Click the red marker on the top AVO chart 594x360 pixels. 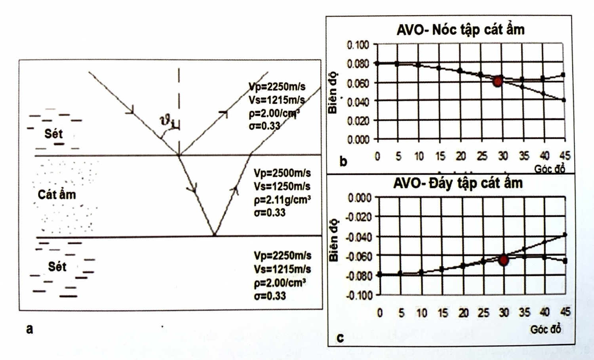[498, 81]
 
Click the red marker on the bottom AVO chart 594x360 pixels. [504, 260]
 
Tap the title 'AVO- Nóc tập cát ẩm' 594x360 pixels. [460, 30]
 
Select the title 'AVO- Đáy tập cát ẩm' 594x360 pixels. [458, 183]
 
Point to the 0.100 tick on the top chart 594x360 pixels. [358, 45]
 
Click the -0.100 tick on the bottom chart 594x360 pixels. [360, 295]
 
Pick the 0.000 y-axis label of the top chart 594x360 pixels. [358, 140]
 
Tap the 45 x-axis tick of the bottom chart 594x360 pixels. [565, 312]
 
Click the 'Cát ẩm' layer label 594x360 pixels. [57, 194]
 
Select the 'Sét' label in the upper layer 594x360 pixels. [53, 134]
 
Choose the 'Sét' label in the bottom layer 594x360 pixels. [57, 267]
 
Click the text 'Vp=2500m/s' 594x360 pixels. [282, 173]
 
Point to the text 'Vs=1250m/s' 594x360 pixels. [282, 186]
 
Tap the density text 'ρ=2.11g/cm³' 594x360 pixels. [282, 200]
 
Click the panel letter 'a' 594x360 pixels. [29, 329]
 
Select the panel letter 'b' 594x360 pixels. [343, 162]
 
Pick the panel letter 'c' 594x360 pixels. [340, 338]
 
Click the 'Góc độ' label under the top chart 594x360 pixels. [549, 169]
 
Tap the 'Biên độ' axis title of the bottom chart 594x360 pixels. [333, 240]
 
